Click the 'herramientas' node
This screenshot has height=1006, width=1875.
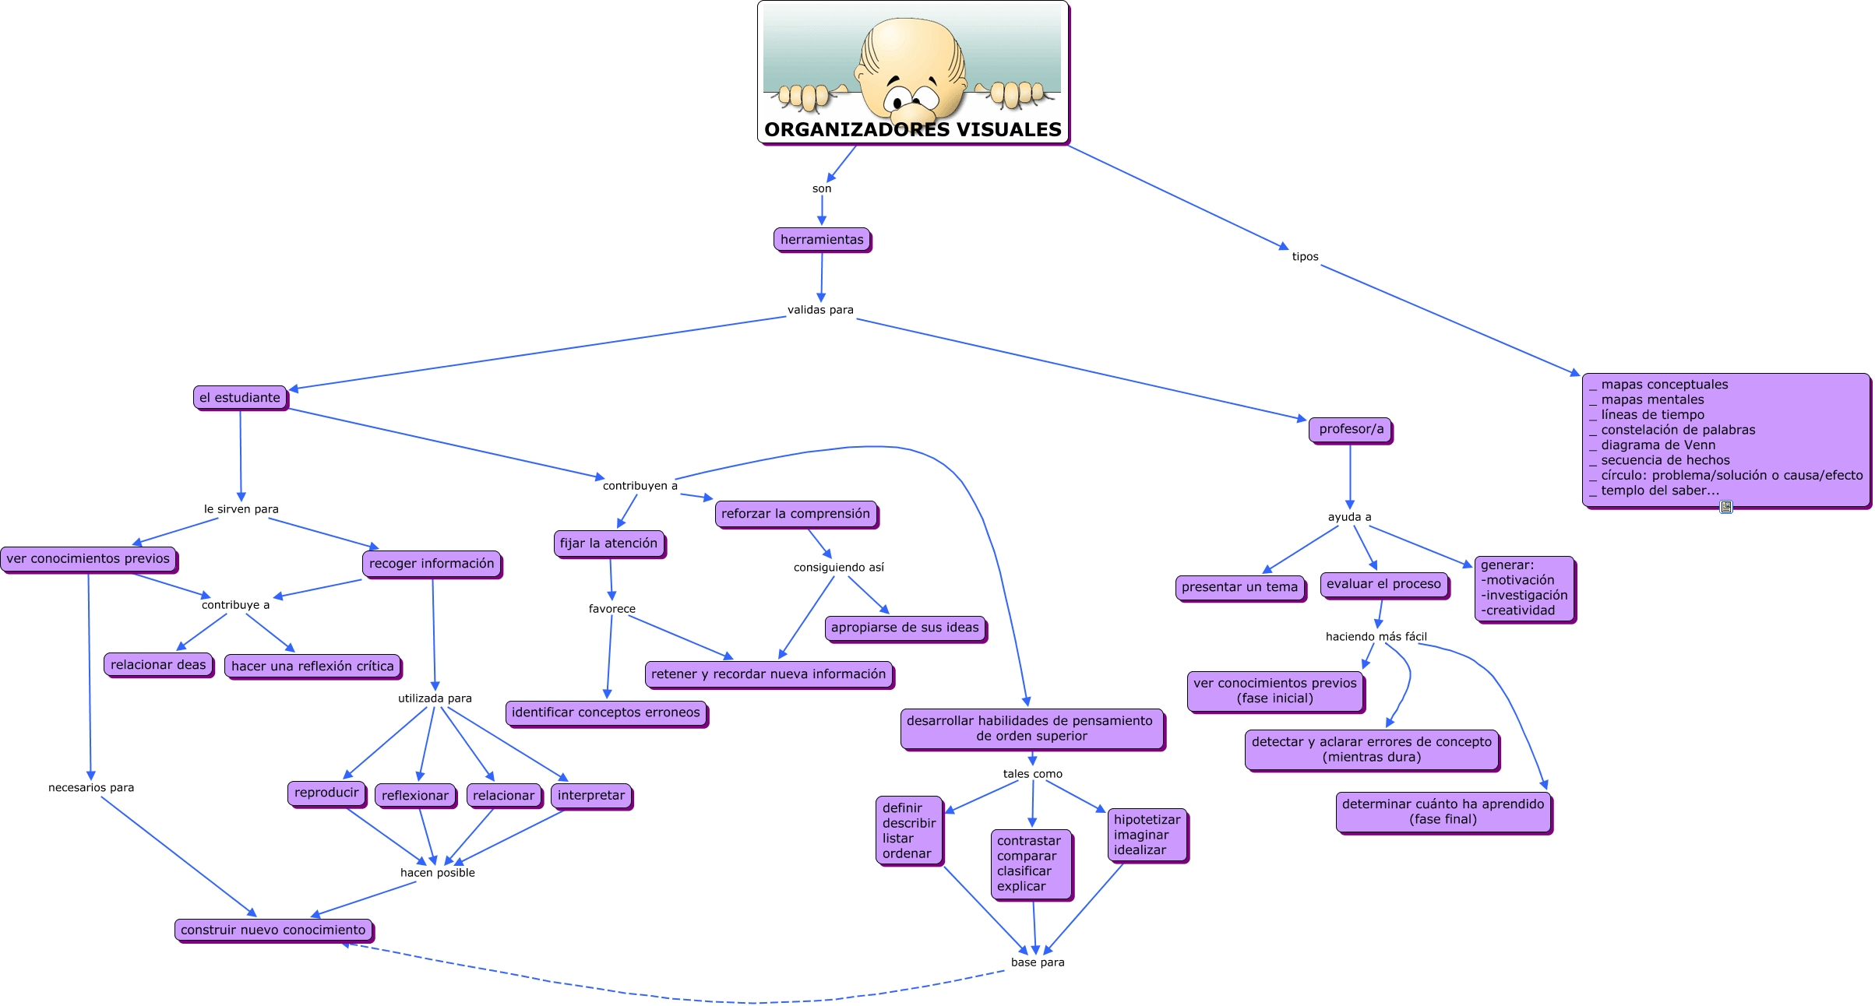822,240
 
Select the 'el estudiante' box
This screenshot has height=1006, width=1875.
240,398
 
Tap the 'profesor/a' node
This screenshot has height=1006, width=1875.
1351,429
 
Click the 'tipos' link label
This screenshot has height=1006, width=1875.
1305,257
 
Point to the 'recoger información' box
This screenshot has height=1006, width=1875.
432,564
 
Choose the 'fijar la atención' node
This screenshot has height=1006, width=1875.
608,543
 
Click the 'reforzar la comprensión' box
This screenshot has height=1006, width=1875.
795,514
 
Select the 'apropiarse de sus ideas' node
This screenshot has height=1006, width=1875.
904,628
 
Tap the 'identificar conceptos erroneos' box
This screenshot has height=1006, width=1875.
605,712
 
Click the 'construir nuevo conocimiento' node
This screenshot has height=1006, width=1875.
273,930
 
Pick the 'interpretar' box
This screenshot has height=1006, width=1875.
590,796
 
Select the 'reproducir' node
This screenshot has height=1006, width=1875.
326,793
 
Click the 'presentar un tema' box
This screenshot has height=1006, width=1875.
1239,587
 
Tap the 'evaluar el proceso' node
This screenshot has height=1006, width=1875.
1383,584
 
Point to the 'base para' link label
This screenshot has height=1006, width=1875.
1037,962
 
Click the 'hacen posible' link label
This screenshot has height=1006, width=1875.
437,873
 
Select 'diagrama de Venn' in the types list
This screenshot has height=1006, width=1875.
1658,445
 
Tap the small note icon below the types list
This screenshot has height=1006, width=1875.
1726,507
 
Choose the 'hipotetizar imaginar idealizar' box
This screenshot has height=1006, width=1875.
1147,835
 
